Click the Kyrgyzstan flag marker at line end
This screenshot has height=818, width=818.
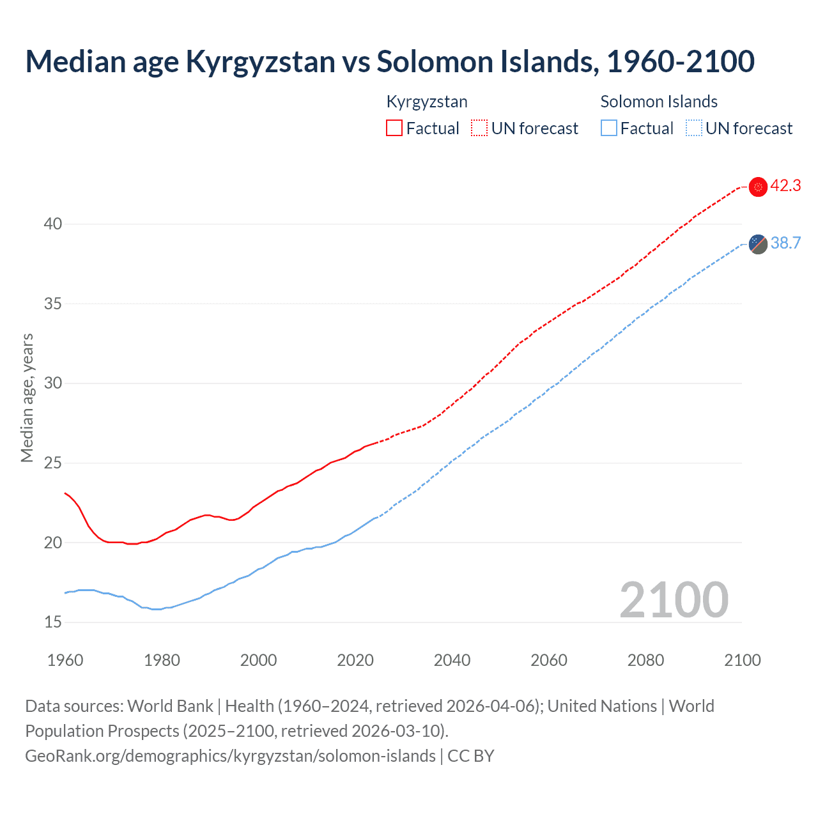coord(758,187)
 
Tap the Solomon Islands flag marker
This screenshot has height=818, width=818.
coord(758,243)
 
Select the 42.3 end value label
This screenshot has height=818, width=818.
coord(785,186)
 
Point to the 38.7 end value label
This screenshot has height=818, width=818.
coord(785,243)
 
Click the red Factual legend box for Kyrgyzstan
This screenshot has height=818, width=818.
coord(394,128)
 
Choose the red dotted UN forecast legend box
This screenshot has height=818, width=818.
coord(479,128)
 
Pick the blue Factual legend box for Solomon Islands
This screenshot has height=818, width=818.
coord(609,128)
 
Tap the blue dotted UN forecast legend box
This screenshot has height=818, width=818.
coord(693,128)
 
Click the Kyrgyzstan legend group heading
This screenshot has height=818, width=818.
coord(427,102)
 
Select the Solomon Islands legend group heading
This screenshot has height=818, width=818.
coord(659,102)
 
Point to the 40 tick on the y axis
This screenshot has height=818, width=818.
coord(53,224)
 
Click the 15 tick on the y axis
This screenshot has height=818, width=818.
coord(53,622)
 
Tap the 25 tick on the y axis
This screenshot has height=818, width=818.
coord(53,463)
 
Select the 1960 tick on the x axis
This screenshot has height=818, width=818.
coord(65,660)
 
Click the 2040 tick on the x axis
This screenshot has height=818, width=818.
coord(452,660)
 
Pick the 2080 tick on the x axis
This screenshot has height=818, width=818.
coord(645,660)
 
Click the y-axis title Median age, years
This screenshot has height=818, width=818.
coord(27,397)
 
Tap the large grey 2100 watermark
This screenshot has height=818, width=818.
coord(674,599)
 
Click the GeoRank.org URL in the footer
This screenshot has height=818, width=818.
coord(230,756)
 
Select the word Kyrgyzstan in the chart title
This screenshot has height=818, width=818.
coord(260,62)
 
